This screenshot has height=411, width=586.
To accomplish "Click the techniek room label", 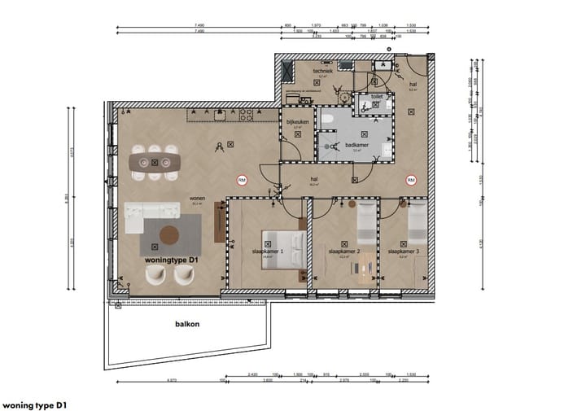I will [x=323, y=72].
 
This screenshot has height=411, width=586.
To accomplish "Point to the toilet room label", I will [x=376, y=96].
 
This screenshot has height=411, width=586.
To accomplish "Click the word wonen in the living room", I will [x=197, y=198].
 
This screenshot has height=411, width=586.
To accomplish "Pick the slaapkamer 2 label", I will [x=343, y=252].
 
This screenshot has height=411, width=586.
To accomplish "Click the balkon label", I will [x=187, y=323].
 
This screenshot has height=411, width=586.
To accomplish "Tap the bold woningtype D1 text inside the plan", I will [x=172, y=260].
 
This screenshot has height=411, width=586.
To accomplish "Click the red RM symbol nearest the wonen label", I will [x=242, y=179].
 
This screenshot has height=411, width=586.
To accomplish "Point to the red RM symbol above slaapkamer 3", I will [x=410, y=179].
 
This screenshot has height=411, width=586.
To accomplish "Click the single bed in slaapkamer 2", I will [x=366, y=224].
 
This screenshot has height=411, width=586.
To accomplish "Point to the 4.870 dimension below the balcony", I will [x=172, y=380].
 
